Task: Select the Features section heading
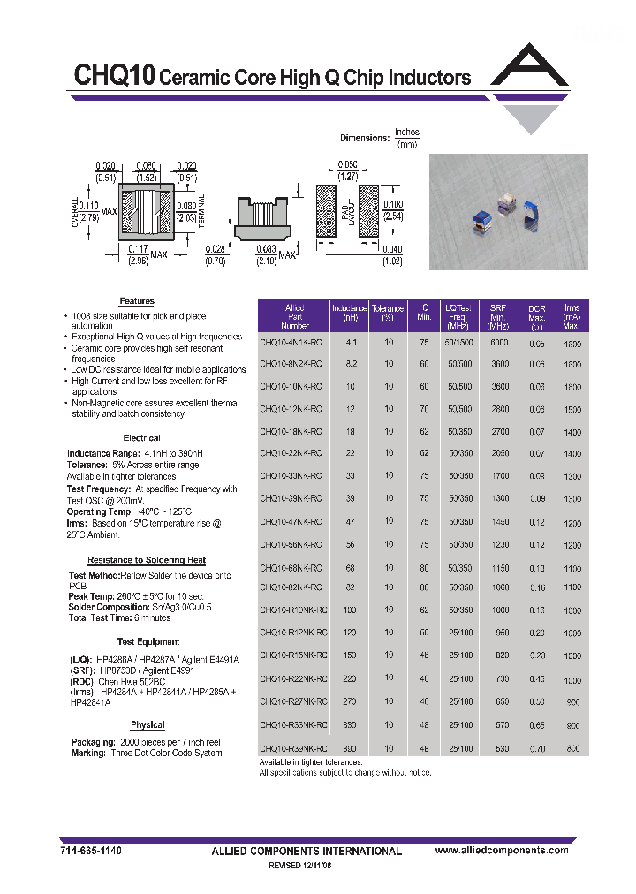click(x=137, y=301)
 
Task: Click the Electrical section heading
click(x=141, y=438)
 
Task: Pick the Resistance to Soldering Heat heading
click(x=147, y=560)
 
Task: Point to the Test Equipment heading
click(x=148, y=642)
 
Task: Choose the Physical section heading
click(x=148, y=724)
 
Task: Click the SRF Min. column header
click(x=499, y=314)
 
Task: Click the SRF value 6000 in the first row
click(x=500, y=342)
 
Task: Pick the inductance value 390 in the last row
click(x=351, y=748)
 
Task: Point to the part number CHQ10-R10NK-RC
click(x=294, y=610)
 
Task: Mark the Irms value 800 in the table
click(x=574, y=748)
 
